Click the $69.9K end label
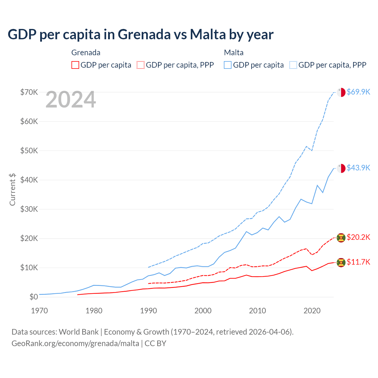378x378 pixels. coord(358,92)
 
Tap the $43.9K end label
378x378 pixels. coord(358,168)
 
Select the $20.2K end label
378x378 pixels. coord(358,237)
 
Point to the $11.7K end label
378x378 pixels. coord(358,262)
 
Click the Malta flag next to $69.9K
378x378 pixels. coord(341,92)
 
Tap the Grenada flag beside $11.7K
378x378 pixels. coord(341,262)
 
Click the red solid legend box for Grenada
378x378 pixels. coord(75,65)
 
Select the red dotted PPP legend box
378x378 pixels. coord(141,65)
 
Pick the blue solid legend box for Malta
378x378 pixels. coord(228,65)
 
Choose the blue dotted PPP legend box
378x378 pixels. coord(293,65)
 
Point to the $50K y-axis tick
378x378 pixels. coord(29,151)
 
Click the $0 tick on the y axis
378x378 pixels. coord(34,297)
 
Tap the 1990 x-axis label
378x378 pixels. coord(149,311)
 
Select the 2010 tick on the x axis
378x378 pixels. coord(258,311)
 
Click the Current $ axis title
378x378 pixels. coord(12,189)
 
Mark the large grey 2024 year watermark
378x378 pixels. coord(71,100)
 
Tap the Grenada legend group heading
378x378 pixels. coord(86,53)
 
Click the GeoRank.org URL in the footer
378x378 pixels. coord(75,343)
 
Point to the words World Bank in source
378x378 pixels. coord(79,332)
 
